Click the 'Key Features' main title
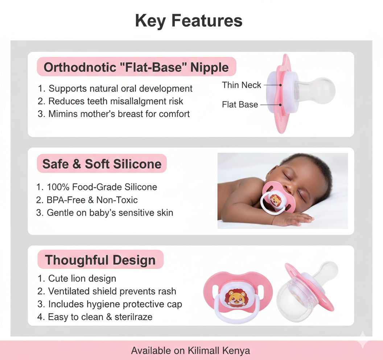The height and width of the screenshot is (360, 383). coord(189,21)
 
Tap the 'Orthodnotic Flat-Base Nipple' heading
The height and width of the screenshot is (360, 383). coord(136,67)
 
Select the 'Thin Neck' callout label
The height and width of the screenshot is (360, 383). coord(242,85)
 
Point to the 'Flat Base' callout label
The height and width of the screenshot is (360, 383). coord(240,105)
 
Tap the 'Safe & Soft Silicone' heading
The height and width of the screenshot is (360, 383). coord(102,164)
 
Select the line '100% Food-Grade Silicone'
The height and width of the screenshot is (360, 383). coord(102,187)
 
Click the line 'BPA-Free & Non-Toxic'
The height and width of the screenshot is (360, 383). coord(92,200)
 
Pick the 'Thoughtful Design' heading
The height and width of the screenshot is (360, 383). coord(100,260)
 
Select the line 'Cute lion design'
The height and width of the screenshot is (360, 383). coord(82,279)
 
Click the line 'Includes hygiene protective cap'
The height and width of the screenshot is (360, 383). coord(115,304)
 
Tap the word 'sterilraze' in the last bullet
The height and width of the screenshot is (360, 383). coord(134,317)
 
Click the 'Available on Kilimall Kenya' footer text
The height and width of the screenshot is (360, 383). coord(190,351)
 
